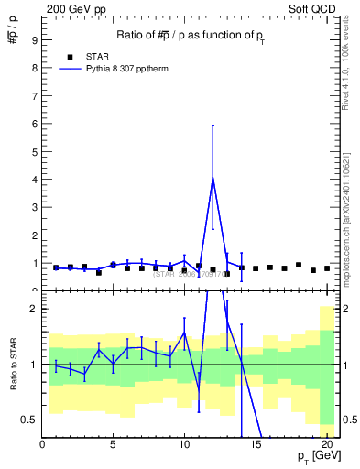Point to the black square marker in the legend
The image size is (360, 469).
click(70, 55)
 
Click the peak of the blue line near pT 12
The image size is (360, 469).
click(213, 178)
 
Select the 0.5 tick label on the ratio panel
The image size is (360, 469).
click(29, 420)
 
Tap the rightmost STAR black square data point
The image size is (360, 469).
click(327, 268)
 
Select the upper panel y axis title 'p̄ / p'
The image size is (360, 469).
click(13, 37)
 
